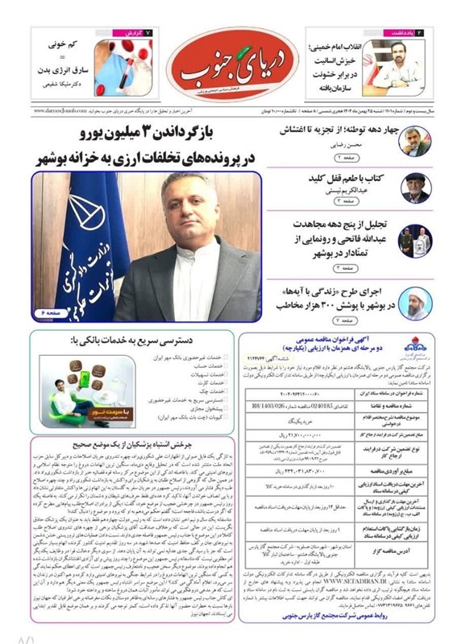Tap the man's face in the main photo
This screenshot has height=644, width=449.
tap(183, 202)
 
